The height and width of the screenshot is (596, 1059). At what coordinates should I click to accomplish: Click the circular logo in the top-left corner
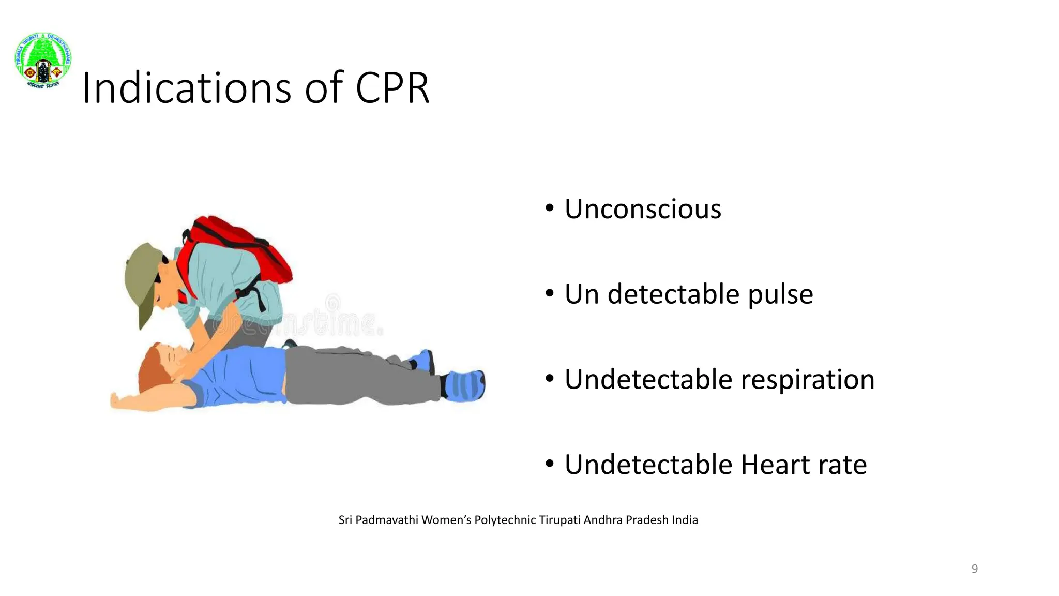(x=43, y=60)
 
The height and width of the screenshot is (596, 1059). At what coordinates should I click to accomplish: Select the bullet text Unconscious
(x=642, y=209)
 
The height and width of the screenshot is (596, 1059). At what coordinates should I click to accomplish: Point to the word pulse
(x=780, y=294)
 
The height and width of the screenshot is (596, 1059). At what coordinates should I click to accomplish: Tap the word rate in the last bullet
(x=843, y=464)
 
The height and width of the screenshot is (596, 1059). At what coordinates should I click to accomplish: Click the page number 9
(x=974, y=569)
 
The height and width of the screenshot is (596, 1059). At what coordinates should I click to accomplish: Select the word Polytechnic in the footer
(x=505, y=520)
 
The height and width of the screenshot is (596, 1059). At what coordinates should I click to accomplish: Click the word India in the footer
(x=685, y=520)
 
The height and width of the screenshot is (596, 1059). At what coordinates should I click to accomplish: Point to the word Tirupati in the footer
(x=559, y=520)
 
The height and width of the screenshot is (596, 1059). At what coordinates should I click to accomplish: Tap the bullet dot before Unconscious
(x=549, y=208)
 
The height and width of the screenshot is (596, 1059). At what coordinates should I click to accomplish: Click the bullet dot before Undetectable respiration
(x=549, y=379)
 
